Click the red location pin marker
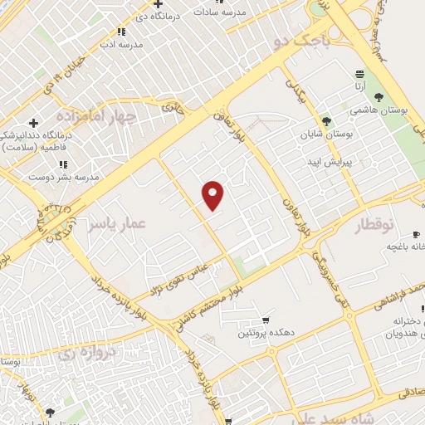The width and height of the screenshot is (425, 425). (x=213, y=194)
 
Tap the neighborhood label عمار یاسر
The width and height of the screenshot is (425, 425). (x=117, y=224)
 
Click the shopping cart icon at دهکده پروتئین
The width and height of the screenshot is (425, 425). (x=266, y=320)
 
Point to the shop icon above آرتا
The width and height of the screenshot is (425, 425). (x=359, y=74)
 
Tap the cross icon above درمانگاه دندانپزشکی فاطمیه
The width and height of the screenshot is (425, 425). (x=32, y=124)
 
